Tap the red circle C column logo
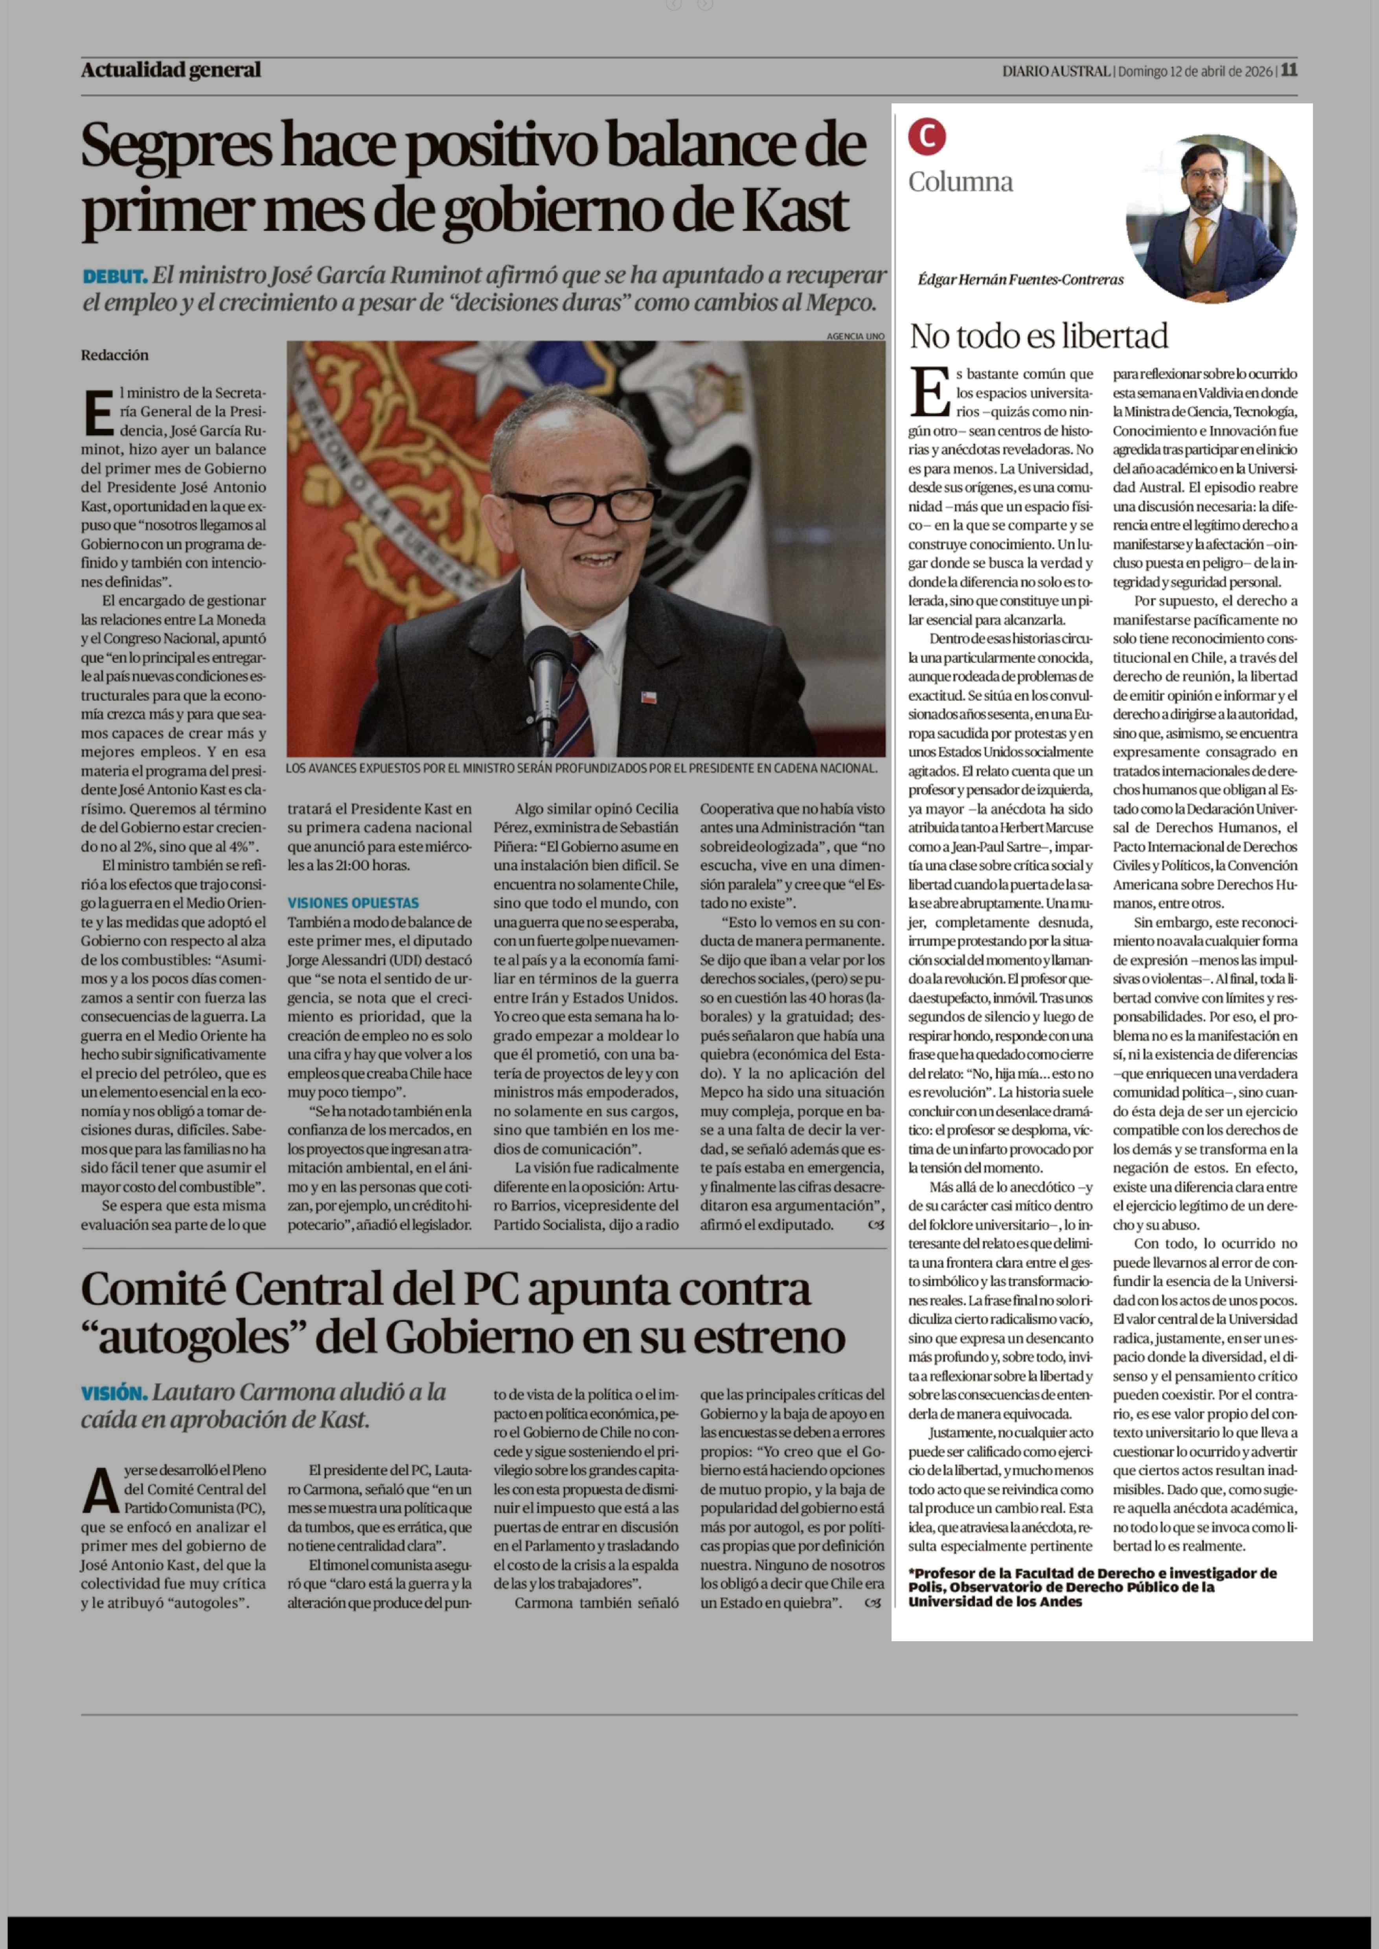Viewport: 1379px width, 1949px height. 927,137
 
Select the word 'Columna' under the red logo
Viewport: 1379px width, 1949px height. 960,182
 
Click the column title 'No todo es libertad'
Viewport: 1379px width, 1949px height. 1039,336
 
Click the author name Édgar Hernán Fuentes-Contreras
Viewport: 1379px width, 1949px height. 1020,279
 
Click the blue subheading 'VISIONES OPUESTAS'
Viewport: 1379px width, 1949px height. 352,903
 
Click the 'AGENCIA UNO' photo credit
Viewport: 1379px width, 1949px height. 855,336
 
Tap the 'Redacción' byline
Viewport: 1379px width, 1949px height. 115,355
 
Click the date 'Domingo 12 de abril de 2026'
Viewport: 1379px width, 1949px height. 1195,71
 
